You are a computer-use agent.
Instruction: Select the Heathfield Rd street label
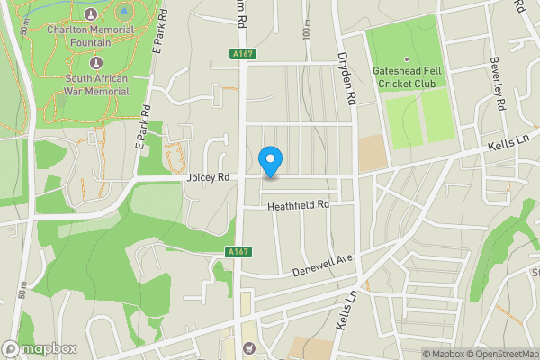(x=299, y=206)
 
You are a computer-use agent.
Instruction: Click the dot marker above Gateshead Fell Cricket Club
(x=406, y=59)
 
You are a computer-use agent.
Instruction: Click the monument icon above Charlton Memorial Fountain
(x=91, y=14)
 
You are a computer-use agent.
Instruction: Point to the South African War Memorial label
(x=97, y=84)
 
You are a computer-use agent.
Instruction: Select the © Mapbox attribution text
(x=444, y=354)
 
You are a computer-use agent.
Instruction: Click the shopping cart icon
(x=249, y=348)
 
